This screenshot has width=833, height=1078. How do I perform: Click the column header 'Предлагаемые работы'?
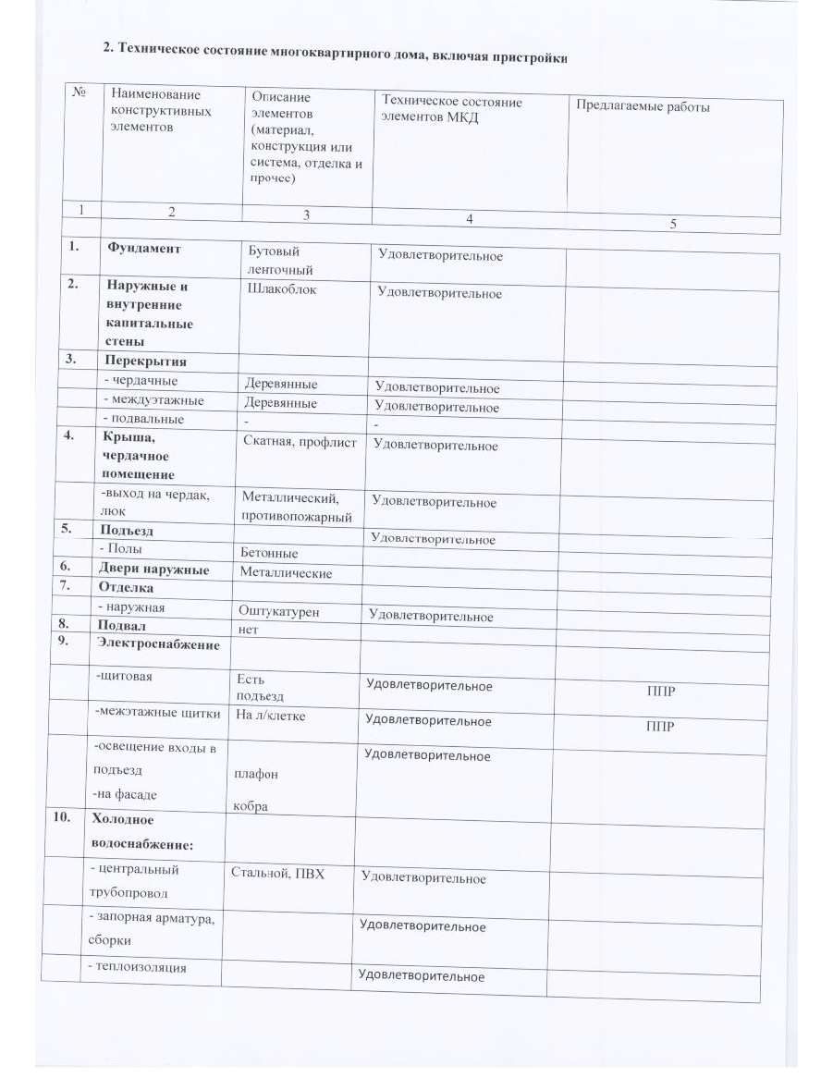click(643, 106)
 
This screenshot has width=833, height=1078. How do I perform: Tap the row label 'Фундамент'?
click(143, 248)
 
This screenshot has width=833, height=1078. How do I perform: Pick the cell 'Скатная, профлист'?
click(300, 442)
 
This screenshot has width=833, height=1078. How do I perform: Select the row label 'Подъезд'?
click(127, 531)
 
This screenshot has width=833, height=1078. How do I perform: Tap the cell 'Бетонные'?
click(269, 553)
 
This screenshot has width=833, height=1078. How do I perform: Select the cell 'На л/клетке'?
click(270, 715)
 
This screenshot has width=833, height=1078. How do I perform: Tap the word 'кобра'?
click(251, 806)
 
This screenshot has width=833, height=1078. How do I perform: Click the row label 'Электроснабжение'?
click(157, 643)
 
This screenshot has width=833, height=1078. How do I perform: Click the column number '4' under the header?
click(469, 218)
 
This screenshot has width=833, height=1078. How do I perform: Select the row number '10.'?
click(73, 818)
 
